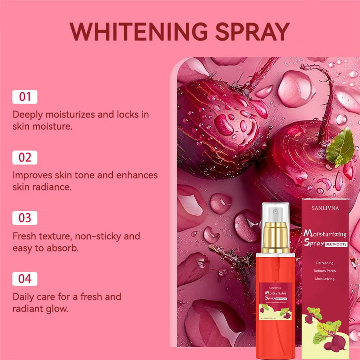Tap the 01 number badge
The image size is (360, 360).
pos(25,97)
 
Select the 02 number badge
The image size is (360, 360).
pos(25,158)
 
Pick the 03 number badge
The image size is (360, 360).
pos(25,218)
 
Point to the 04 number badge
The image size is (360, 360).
pos(25,279)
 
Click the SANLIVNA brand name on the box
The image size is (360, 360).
pos(325,208)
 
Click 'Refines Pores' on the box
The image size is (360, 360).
pos(325,271)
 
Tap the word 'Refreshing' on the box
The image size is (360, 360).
pos(325,263)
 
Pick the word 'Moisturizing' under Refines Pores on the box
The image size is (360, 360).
pos(325,279)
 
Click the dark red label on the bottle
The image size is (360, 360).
pos(275,298)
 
